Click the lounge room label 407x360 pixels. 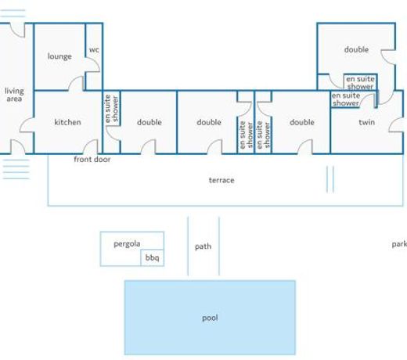click(59, 56)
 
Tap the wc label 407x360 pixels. click(94, 49)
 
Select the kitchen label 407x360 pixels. click(67, 122)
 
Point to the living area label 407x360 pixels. click(14, 95)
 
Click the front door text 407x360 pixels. click(92, 159)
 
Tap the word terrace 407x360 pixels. click(222, 180)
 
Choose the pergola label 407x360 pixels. click(127, 244)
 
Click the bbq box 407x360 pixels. click(153, 257)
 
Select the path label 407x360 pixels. click(203, 247)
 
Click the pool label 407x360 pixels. click(210, 318)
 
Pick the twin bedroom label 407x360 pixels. click(367, 122)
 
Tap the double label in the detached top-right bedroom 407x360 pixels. click(356, 49)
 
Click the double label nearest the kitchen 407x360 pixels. click(149, 122)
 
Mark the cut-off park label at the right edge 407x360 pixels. click(399, 244)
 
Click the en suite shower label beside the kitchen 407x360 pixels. click(111, 109)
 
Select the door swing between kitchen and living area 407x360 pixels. click(27, 124)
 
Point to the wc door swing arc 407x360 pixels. click(93, 64)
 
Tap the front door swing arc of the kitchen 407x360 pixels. click(90, 146)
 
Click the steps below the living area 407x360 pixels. click(16, 169)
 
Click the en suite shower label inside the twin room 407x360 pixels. click(346, 99)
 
